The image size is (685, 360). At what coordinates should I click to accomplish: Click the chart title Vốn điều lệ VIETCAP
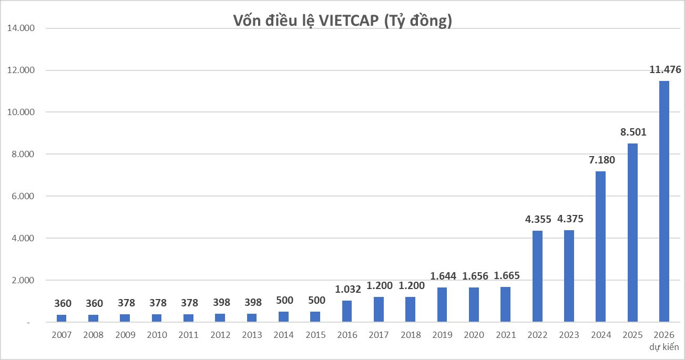click(342, 22)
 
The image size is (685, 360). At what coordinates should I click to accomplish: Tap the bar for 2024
click(600, 246)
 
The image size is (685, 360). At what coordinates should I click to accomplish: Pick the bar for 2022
click(537, 276)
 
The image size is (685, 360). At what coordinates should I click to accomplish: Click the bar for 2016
click(347, 311)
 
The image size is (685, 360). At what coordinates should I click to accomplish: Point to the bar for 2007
click(62, 318)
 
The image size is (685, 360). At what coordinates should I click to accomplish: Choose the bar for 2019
click(442, 305)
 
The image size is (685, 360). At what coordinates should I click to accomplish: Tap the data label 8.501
click(632, 132)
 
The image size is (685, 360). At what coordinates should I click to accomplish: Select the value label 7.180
click(600, 160)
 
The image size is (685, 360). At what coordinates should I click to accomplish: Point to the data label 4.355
click(537, 219)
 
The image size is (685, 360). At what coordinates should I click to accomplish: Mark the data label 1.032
click(347, 290)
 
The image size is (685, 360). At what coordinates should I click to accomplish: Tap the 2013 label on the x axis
click(252, 335)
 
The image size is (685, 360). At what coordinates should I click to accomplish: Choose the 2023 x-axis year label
click(569, 335)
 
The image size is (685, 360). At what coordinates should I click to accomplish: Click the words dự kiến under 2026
click(664, 347)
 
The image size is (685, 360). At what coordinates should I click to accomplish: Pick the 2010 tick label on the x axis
click(157, 335)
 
